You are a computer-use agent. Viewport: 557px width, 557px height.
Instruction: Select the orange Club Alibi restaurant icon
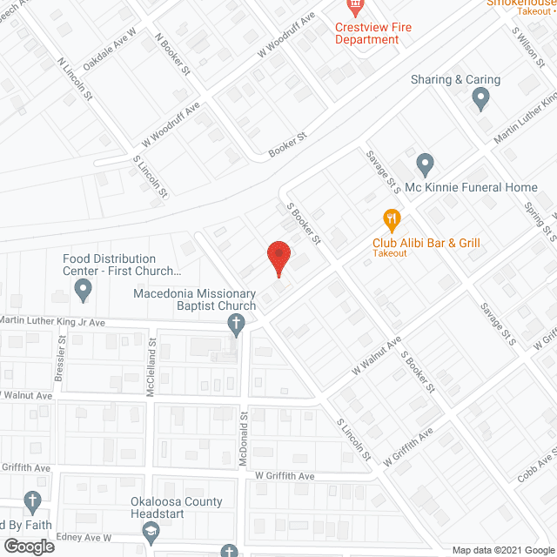coord(391,218)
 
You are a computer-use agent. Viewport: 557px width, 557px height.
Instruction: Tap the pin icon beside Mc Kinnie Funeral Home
coord(425,163)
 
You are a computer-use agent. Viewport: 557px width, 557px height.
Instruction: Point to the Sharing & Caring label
coord(457,80)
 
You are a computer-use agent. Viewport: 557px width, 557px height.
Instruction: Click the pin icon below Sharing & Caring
coord(480,101)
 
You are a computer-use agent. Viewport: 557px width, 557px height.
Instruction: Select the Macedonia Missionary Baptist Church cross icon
coord(235,326)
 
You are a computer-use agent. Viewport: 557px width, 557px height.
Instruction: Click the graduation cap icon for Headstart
coord(151,530)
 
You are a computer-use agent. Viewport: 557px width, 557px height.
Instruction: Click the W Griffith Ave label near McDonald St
coord(285,476)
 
